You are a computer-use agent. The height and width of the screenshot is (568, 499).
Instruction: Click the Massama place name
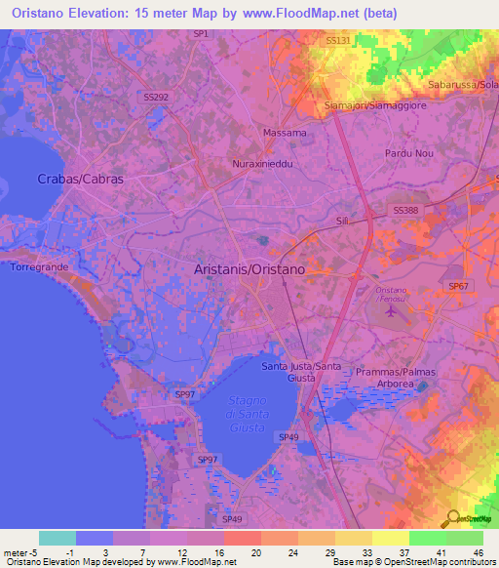(x=285, y=132)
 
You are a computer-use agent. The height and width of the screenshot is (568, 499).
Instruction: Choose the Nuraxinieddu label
(x=262, y=164)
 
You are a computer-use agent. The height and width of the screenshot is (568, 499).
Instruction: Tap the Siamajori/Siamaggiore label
(x=375, y=104)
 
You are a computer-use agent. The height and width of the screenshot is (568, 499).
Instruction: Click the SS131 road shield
(x=337, y=40)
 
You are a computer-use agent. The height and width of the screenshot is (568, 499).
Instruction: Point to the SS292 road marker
(x=156, y=98)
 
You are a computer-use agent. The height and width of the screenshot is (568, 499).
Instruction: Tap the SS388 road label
(x=406, y=210)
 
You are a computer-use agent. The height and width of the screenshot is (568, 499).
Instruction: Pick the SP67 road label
(x=458, y=285)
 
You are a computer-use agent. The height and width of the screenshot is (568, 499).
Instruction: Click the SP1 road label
(x=201, y=34)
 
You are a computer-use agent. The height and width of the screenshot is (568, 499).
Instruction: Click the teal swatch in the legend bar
(x=58, y=538)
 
